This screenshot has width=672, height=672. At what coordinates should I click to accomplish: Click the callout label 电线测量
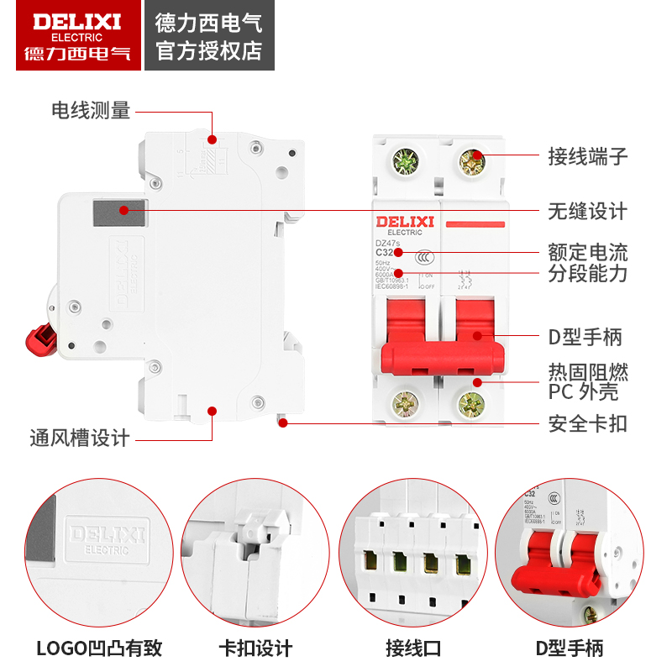click(x=91, y=110)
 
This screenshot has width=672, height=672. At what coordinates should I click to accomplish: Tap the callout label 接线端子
click(x=587, y=156)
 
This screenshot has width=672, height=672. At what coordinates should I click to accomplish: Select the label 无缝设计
click(x=587, y=211)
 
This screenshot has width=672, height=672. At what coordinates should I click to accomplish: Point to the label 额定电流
click(x=587, y=252)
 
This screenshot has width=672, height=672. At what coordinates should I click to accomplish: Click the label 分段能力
click(x=587, y=273)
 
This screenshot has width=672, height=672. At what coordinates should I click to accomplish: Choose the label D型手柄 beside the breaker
click(x=585, y=337)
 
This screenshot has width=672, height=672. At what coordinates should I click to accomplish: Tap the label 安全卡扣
click(x=587, y=423)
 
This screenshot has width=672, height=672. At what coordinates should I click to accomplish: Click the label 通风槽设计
click(x=79, y=438)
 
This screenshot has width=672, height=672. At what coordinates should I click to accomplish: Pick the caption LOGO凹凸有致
click(x=99, y=648)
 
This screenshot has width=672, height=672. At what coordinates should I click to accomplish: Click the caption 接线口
click(x=412, y=648)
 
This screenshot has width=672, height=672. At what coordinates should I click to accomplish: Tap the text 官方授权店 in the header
click(x=209, y=50)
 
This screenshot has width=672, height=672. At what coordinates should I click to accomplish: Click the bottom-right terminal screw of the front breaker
click(x=472, y=406)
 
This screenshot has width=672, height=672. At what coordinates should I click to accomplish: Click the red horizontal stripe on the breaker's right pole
click(x=475, y=224)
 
